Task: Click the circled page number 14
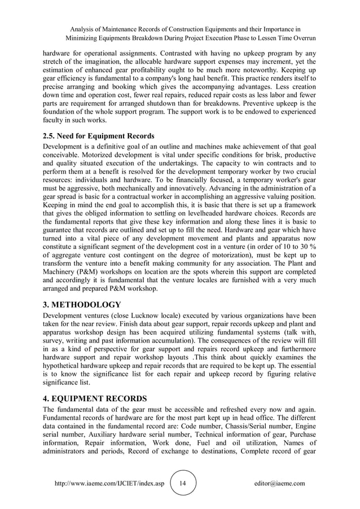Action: pos(182,483)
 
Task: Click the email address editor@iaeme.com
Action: pos(279,484)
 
